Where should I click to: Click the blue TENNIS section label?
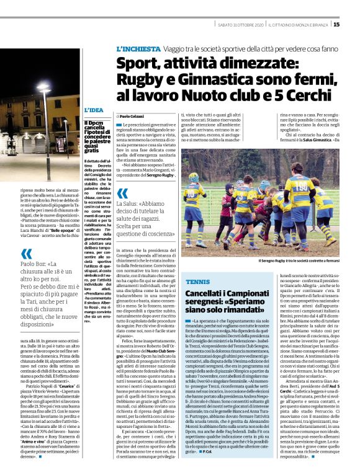click(x=194, y=282)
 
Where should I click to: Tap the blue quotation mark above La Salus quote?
click(x=122, y=193)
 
